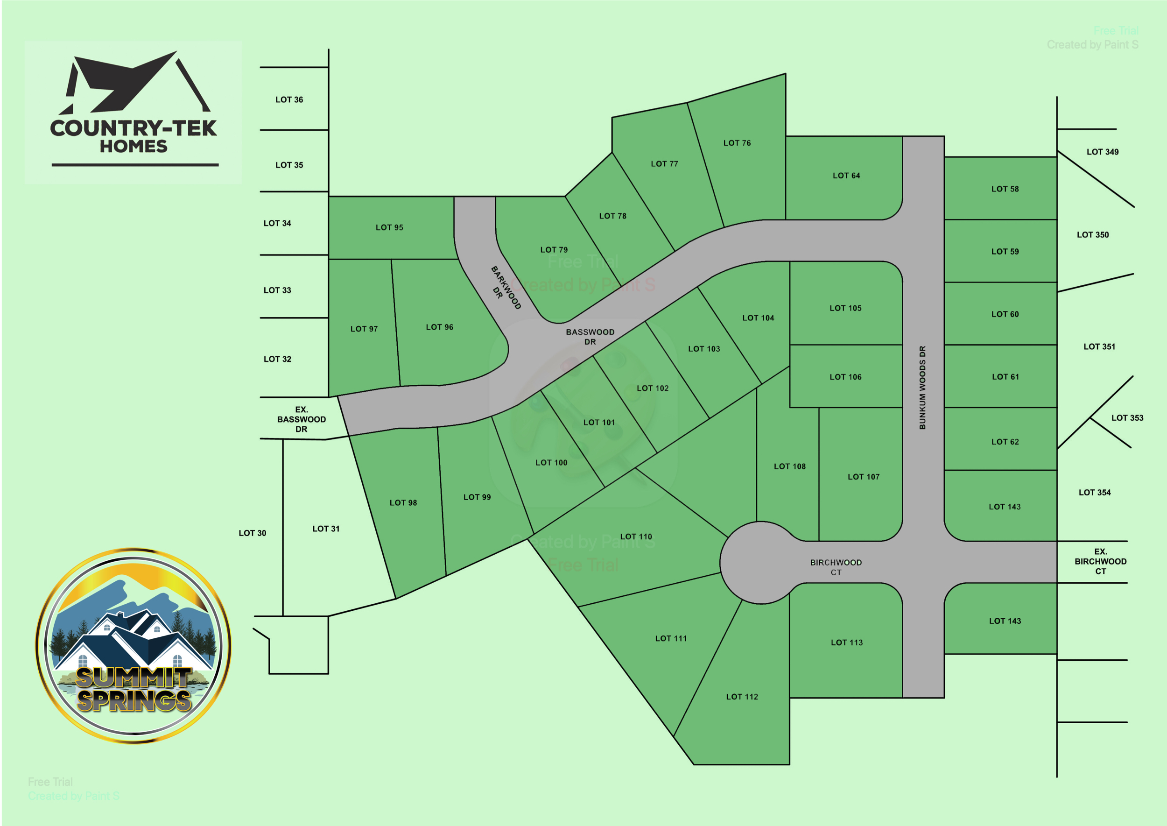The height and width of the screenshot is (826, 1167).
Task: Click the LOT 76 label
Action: pyautogui.click(x=737, y=143)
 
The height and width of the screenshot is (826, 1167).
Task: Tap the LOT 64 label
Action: pyautogui.click(x=846, y=176)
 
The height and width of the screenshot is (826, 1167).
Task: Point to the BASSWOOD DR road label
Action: pyautogui.click(x=590, y=337)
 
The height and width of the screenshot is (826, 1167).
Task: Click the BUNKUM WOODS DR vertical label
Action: pyautogui.click(x=922, y=388)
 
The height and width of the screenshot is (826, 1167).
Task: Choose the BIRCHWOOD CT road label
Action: pyautogui.click(x=836, y=567)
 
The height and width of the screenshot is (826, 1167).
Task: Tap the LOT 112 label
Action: pyautogui.click(x=742, y=697)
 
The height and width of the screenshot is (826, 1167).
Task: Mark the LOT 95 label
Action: pyautogui.click(x=389, y=227)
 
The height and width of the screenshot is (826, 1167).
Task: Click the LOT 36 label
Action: pyautogui.click(x=289, y=100)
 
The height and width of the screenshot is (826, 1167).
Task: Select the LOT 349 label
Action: pyautogui.click(x=1103, y=152)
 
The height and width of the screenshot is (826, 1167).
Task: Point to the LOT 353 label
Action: pyautogui.click(x=1127, y=417)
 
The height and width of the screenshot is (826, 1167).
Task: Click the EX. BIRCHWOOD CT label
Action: pyautogui.click(x=1100, y=562)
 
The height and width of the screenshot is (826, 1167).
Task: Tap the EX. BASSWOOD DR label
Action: pyautogui.click(x=302, y=419)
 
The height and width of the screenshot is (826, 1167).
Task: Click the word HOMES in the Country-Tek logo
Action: pyautogui.click(x=134, y=147)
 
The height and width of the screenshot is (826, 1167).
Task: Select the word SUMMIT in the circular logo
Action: pyautogui.click(x=134, y=677)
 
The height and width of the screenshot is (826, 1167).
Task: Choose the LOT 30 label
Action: pyautogui.click(x=252, y=533)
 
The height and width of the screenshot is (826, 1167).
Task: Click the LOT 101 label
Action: pyautogui.click(x=599, y=422)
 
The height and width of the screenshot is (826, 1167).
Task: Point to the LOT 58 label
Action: pyautogui.click(x=1005, y=189)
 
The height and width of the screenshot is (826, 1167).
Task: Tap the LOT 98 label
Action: pyautogui.click(x=403, y=502)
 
